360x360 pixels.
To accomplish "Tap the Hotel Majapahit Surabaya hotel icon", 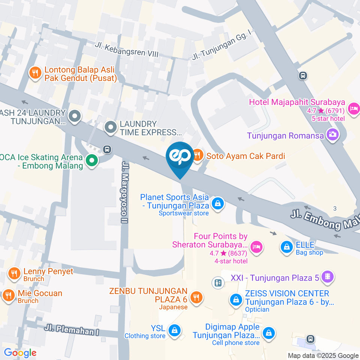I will click(x=353, y=109).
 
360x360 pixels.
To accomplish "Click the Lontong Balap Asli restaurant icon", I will click(x=35, y=73).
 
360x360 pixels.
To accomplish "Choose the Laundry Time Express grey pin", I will click(x=110, y=127).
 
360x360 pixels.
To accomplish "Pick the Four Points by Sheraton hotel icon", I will click(x=256, y=247).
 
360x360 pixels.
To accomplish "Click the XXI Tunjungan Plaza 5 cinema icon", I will click(x=328, y=277).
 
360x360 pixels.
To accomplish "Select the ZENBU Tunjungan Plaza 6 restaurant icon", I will click(x=195, y=298).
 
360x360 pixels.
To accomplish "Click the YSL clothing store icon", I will click(x=174, y=330).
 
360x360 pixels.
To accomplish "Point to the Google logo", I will click(x=20, y=352).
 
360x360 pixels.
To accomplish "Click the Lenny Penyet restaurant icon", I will click(x=14, y=274).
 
